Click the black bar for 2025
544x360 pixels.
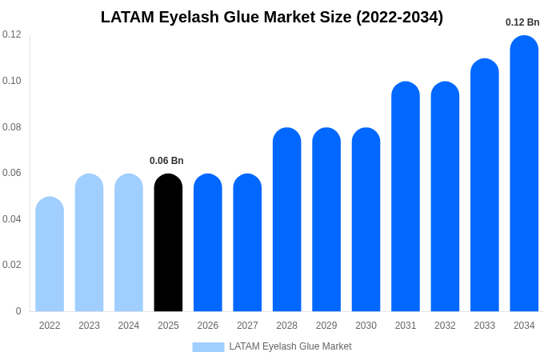pos(168,243)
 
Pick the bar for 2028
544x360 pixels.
pos(286,220)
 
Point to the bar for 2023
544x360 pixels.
pos(89,243)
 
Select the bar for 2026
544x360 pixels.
pos(208,243)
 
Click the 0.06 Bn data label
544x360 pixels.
pos(166,161)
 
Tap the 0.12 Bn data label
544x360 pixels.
pos(522,22)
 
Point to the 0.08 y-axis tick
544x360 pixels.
pos(12,127)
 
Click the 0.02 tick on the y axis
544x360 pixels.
pos(12,265)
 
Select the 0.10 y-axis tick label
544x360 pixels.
pos(12,81)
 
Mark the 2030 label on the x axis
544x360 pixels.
pos(366,326)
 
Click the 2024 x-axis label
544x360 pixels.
pos(129,326)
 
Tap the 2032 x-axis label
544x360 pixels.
pos(445,326)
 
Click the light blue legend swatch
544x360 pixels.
pos(208,347)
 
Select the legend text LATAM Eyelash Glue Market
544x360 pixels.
pos(290,346)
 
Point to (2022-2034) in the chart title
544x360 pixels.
pos(396,17)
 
